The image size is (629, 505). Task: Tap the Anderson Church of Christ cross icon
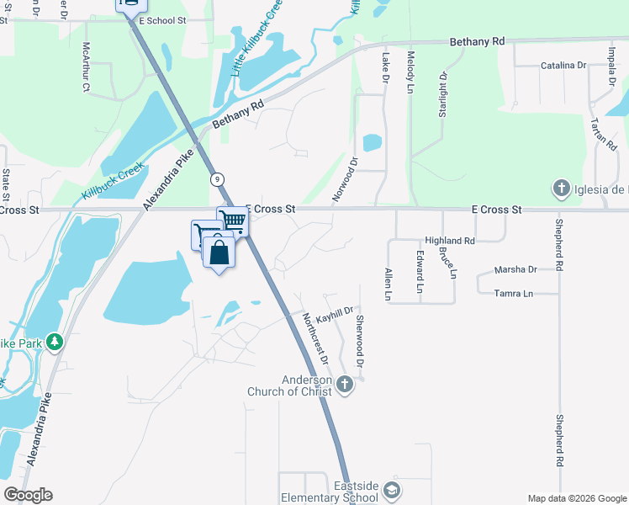point(344,385)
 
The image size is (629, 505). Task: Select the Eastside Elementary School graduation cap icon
point(390,490)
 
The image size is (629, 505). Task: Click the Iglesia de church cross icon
point(561,189)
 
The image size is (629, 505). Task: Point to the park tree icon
point(55,342)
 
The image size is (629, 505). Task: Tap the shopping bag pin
point(219,252)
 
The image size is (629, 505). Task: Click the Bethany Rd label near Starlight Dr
point(477,40)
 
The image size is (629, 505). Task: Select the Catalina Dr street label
point(563,65)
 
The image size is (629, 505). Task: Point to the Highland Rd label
point(450,240)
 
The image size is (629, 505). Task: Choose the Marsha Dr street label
point(515,269)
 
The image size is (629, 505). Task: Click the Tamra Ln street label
point(515,293)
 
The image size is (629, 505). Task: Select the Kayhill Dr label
point(334,313)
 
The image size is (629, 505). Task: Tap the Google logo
point(29,495)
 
